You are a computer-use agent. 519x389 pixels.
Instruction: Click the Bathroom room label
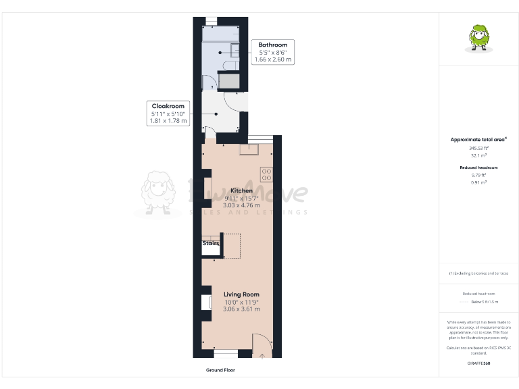pos(273,45)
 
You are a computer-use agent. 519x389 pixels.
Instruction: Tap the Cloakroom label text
pos(168,106)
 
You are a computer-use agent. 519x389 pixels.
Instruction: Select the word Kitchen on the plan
pos(241,190)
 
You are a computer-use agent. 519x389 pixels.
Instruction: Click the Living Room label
pos(241,294)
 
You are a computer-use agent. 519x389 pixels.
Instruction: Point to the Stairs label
pos(211,243)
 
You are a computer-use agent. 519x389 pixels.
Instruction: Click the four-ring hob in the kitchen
pos(266,174)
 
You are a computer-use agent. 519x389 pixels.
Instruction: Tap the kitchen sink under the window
pos(244,149)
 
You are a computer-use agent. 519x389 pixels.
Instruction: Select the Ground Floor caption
pos(220,370)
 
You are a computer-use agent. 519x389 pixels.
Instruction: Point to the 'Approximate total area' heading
pos(478,140)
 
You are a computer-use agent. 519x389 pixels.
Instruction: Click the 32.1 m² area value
pos(478,155)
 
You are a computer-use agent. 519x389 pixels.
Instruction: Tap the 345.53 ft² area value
pos(478,148)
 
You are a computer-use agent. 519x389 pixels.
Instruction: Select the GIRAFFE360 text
pos(478,363)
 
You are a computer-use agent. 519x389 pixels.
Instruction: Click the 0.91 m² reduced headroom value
pos(478,182)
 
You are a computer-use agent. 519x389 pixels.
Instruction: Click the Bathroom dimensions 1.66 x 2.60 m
pos(273,59)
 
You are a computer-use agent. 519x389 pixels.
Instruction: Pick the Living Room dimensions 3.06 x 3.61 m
pos(241,309)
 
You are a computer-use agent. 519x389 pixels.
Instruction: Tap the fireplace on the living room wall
pos(204,301)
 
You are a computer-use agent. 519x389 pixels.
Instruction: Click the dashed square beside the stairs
pos(232,246)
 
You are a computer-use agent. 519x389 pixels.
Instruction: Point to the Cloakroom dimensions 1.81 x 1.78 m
pos(168,121)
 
